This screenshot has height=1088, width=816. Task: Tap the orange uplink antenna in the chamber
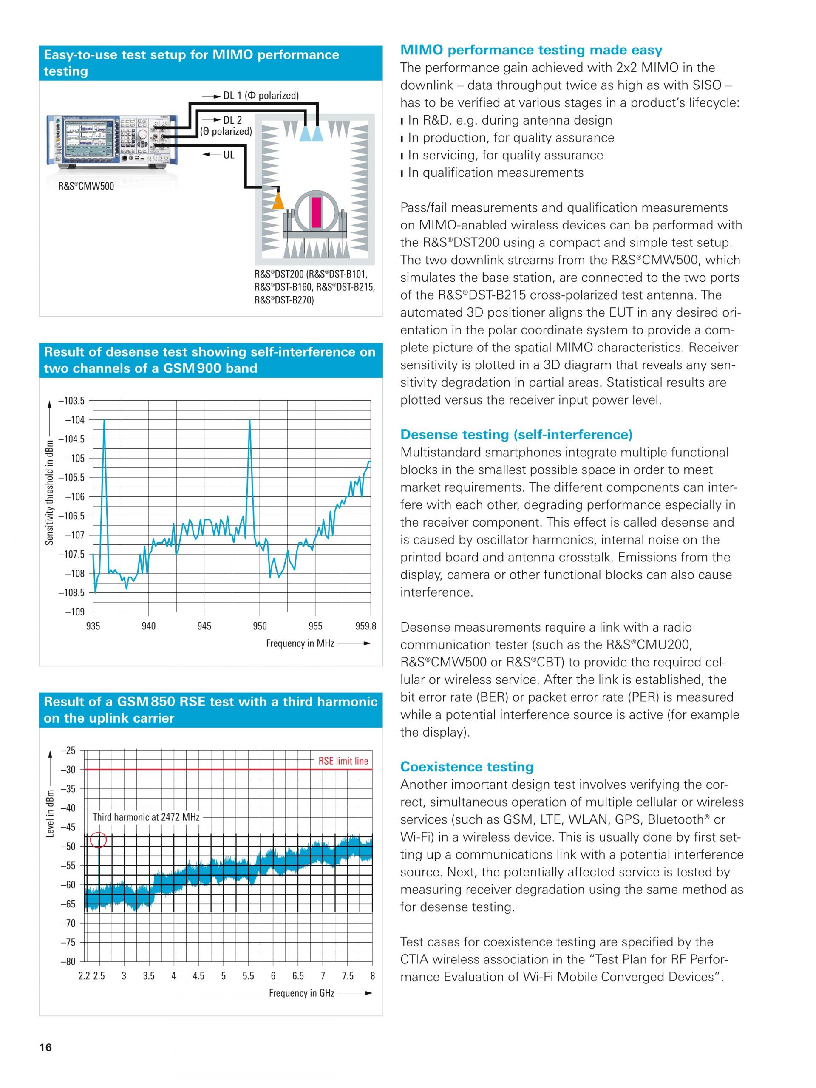click(x=278, y=201)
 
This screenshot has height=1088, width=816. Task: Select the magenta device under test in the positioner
click(x=315, y=212)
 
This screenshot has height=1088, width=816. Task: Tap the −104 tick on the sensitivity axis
click(x=75, y=419)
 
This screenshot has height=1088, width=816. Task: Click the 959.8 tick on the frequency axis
click(x=365, y=626)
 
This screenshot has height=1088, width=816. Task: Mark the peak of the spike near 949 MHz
click(x=250, y=419)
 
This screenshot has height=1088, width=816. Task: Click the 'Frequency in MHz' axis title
click(x=300, y=643)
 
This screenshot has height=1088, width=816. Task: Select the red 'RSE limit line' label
click(x=343, y=761)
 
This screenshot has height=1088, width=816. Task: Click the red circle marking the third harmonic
click(x=99, y=840)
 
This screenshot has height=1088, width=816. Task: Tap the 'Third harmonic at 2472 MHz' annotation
click(x=146, y=817)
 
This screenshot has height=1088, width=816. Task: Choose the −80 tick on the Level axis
click(x=68, y=961)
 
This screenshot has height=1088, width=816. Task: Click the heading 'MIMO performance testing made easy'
click(x=531, y=50)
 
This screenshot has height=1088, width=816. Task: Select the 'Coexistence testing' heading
click(x=467, y=767)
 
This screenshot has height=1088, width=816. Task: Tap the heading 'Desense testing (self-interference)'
click(x=516, y=434)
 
